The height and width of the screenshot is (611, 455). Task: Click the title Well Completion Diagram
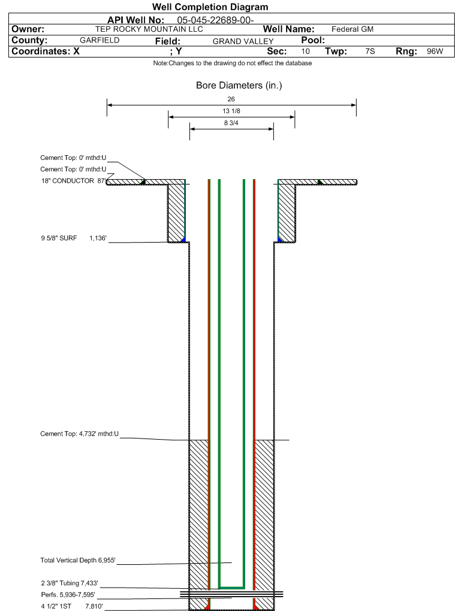(x=210, y=7)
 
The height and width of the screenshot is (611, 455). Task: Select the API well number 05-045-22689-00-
(x=215, y=20)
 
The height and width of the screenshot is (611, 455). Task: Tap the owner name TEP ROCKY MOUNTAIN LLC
(x=149, y=29)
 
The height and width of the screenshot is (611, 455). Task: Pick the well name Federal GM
(x=352, y=29)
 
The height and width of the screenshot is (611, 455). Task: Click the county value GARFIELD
(x=100, y=40)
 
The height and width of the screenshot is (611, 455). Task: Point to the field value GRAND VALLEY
(x=243, y=41)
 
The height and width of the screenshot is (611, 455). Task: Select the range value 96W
(x=435, y=52)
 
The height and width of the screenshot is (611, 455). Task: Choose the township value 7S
(x=370, y=52)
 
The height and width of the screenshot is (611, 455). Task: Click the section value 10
(x=305, y=52)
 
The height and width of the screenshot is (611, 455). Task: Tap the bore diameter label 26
(x=231, y=99)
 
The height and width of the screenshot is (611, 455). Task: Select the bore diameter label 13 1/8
(x=231, y=111)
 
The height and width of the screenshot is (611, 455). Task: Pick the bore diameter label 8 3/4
(x=231, y=123)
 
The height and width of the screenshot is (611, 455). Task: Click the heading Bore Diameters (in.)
(x=239, y=85)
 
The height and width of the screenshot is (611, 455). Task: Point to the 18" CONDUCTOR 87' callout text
(x=73, y=181)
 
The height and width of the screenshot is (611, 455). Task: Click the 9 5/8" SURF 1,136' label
(x=74, y=238)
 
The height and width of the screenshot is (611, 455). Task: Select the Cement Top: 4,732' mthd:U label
(x=79, y=434)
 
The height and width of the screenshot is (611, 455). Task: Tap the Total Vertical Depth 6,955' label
(x=77, y=560)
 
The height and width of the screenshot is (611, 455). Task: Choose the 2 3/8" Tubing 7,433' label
(x=70, y=583)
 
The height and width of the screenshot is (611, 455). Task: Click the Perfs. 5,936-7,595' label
(x=68, y=595)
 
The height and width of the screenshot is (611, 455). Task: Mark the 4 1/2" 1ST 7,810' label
(x=72, y=606)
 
